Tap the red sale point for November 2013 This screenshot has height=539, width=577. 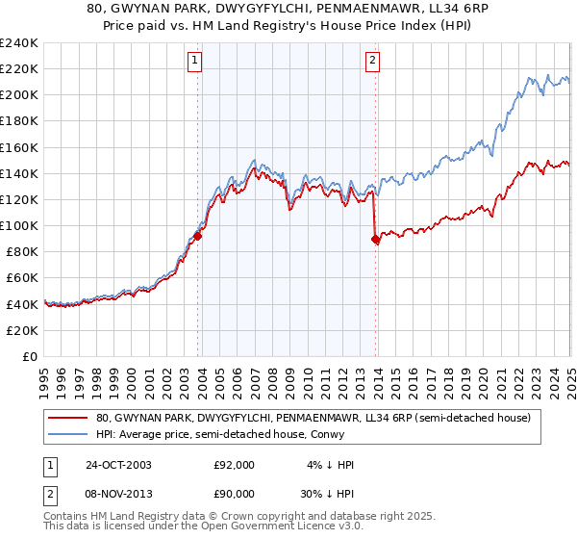point(375,240)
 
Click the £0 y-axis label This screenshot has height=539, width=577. point(29,356)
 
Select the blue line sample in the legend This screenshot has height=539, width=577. point(69,434)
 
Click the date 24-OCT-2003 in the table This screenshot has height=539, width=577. point(118,465)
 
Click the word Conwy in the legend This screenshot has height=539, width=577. point(327,434)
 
